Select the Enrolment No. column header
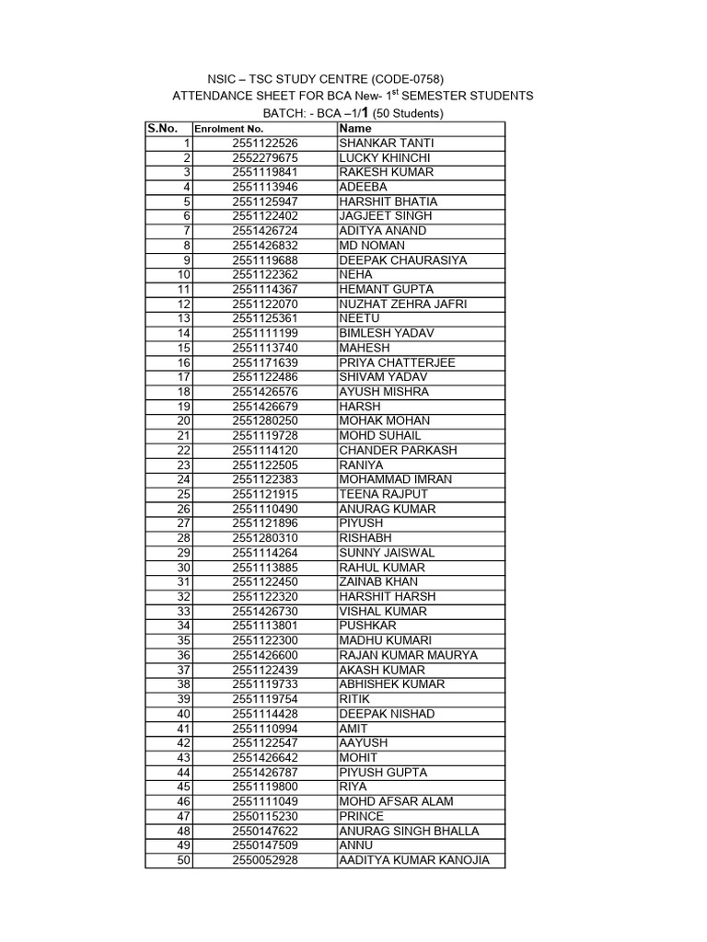pos(229,130)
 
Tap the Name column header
pos(354,129)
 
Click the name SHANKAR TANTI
pos(387,144)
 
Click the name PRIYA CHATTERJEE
pos(397,362)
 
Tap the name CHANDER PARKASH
pos(398,450)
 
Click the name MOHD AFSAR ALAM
pos(396,801)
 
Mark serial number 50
pos(183,860)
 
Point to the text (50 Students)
pos(407,114)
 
